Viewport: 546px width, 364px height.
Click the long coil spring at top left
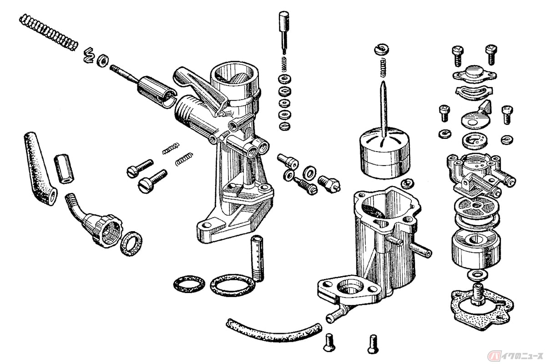pyautogui.click(x=49, y=32)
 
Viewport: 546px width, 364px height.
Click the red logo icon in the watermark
pyautogui.click(x=493, y=356)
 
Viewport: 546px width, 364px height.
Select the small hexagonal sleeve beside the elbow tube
pyautogui.click(x=64, y=169)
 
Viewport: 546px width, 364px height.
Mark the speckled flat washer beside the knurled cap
pyautogui.click(x=131, y=244)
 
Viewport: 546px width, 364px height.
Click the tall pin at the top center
pyautogui.click(x=284, y=32)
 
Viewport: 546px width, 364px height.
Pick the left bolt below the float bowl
pyautogui.click(x=329, y=343)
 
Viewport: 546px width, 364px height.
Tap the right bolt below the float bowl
pyautogui.click(x=373, y=344)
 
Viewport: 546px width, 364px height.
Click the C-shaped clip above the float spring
pyautogui.click(x=381, y=49)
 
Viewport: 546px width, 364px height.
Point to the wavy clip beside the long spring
pyautogui.click(x=88, y=56)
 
